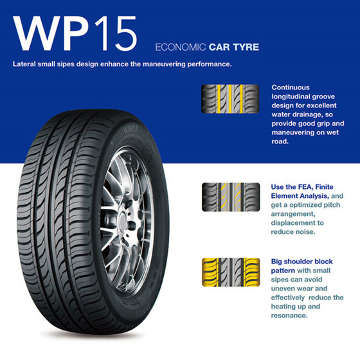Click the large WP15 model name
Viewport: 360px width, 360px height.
[x=75, y=33]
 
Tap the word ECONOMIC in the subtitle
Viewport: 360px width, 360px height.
[x=181, y=47]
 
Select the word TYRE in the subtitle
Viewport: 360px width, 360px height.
[x=246, y=47]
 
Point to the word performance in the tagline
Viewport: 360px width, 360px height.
[x=209, y=64]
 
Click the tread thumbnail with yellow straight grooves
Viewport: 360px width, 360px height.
[x=230, y=99]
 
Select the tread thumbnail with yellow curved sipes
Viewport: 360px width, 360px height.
[x=231, y=197]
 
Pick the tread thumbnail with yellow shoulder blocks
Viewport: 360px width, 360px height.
[x=231, y=272]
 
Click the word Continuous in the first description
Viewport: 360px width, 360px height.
[x=291, y=87]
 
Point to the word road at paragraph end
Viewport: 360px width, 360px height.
[x=279, y=141]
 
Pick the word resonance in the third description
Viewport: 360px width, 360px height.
[x=289, y=316]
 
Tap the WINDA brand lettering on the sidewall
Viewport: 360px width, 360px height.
[x=131, y=130]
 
